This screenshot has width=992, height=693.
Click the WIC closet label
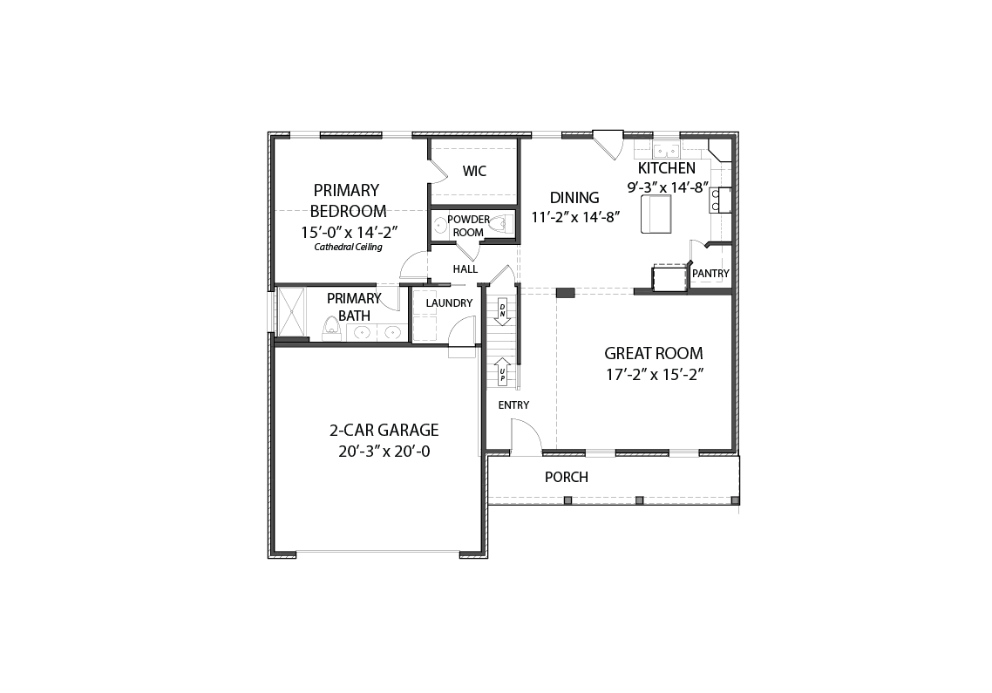pyautogui.click(x=474, y=171)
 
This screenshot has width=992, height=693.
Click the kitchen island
pyautogui.click(x=656, y=214)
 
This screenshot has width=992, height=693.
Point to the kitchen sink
pyautogui.click(x=666, y=152)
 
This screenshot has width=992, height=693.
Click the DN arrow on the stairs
pyautogui.click(x=502, y=311)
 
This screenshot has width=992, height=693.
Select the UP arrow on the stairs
pyautogui.click(x=502, y=371)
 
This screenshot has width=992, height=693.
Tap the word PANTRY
pyautogui.click(x=710, y=274)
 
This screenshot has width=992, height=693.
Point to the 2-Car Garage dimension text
pyautogui.click(x=384, y=452)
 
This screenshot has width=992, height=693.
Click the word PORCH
pyautogui.click(x=567, y=477)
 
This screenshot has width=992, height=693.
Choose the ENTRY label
pyautogui.click(x=513, y=405)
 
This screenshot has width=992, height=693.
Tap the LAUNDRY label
pyautogui.click(x=449, y=303)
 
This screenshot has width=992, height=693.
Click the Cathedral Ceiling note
pyautogui.click(x=348, y=248)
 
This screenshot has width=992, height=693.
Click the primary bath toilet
pyautogui.click(x=331, y=327)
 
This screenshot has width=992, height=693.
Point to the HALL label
pyautogui.click(x=465, y=269)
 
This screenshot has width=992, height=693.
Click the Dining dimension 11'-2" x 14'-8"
pyautogui.click(x=574, y=217)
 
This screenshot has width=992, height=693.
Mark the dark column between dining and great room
pyautogui.click(x=565, y=292)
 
